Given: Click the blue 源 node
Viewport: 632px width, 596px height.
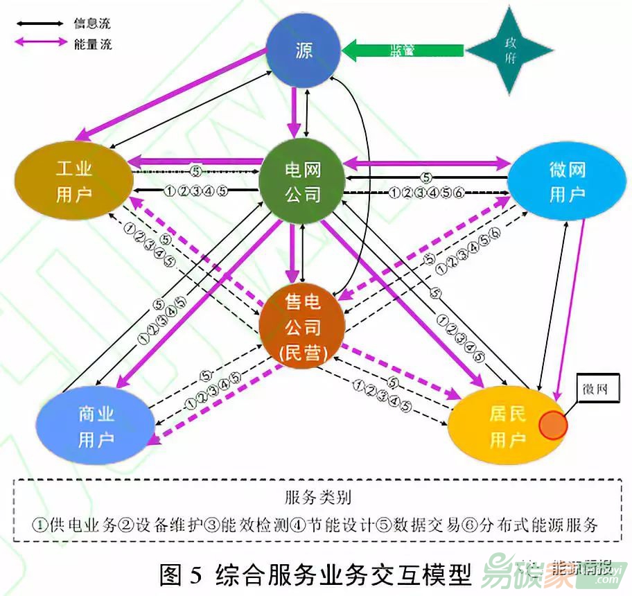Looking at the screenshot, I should (304, 51).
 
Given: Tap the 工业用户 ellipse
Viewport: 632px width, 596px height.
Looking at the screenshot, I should (74, 180).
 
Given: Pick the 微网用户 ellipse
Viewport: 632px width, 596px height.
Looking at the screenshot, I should (567, 182).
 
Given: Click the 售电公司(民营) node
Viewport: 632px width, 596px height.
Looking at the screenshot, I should (303, 326).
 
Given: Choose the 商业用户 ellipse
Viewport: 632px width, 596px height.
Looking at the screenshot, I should (96, 427).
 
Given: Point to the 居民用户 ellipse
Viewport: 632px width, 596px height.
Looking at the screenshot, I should (506, 426).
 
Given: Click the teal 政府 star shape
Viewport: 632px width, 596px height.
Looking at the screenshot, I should (510, 51).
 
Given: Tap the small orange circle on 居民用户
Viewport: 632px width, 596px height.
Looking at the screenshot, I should (553, 425).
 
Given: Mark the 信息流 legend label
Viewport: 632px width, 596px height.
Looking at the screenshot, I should (92, 24).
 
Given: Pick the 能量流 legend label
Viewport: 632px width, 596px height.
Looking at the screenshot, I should (92, 45).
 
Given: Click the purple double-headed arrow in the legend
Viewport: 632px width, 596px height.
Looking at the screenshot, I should (39, 44).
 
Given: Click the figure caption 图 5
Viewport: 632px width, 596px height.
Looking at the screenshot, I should (180, 575).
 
